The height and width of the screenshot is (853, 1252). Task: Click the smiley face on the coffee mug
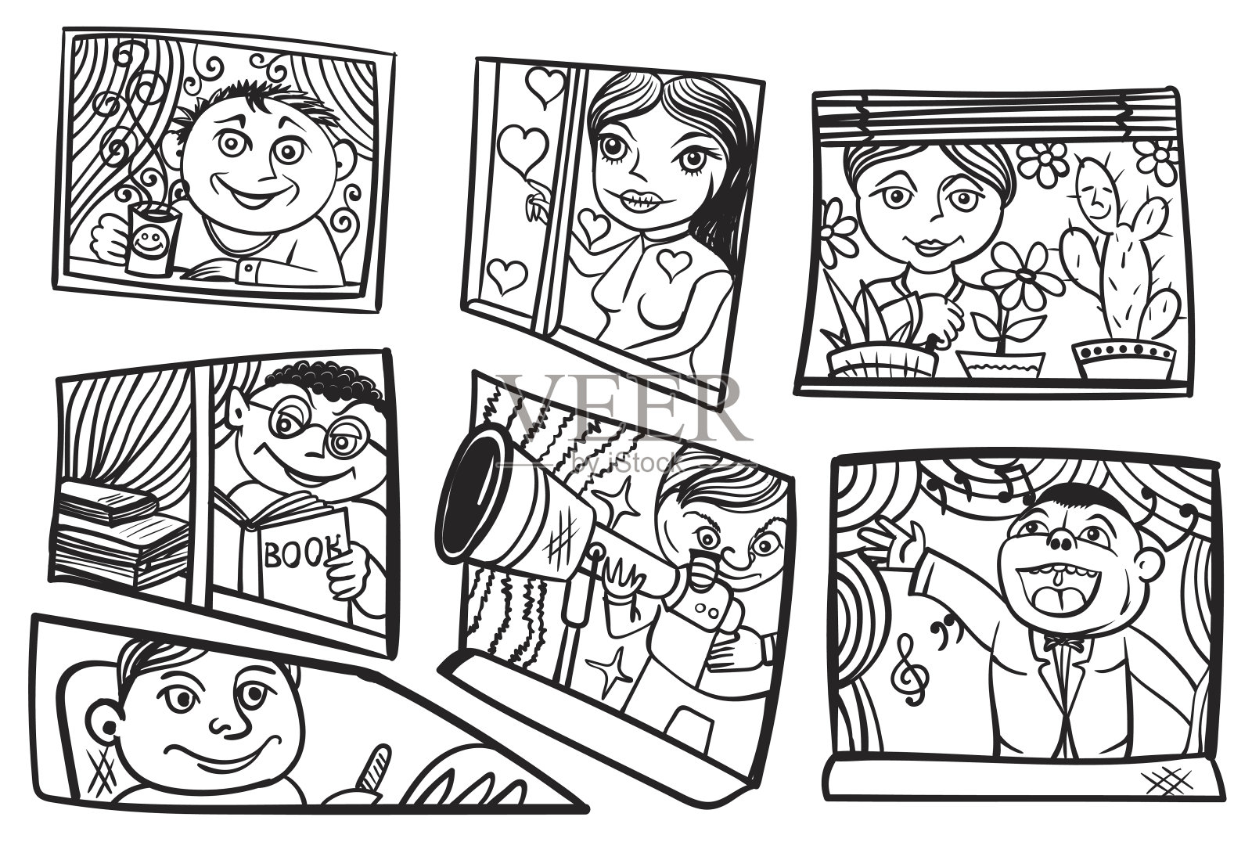[x=146, y=241]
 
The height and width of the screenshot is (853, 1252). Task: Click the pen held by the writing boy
[x=372, y=772]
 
